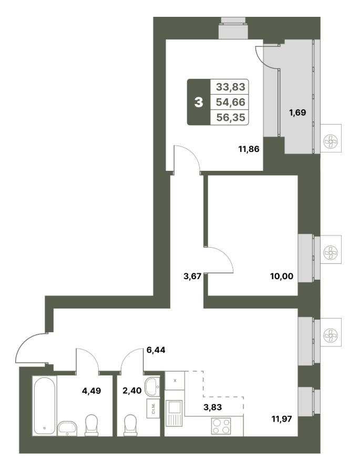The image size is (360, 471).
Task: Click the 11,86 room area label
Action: (249, 149)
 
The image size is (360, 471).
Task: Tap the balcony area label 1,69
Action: (297, 112)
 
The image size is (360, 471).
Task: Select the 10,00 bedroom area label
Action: (282, 276)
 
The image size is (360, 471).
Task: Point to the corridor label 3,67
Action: (192, 276)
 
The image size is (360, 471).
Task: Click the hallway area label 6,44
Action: (156, 350)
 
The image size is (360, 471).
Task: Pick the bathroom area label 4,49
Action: (91, 391)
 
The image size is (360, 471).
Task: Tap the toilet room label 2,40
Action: (132, 391)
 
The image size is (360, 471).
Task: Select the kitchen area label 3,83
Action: (212, 407)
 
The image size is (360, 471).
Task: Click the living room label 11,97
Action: (282, 419)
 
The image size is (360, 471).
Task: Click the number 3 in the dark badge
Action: (199, 102)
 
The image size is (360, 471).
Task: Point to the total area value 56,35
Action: (231, 117)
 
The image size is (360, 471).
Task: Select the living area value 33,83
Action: (231, 87)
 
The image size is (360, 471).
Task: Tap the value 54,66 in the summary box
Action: (231, 102)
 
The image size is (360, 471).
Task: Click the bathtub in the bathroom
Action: (45, 405)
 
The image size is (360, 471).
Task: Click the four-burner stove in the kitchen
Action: (221, 426)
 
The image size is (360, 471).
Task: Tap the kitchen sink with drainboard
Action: (174, 413)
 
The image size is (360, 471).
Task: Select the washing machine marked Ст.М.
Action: (153, 408)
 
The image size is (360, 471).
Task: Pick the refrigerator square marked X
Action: (175, 381)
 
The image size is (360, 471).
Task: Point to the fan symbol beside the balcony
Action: (331, 141)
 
